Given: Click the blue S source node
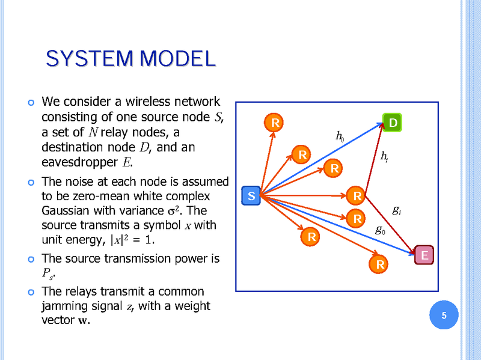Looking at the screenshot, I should click(x=251, y=196).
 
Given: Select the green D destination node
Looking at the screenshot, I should click(x=393, y=123).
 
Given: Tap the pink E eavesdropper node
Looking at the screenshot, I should click(x=424, y=255).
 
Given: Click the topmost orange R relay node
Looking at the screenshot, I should click(x=274, y=123).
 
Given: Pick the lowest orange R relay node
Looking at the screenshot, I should click(x=380, y=264).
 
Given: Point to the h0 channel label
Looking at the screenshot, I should click(x=340, y=137).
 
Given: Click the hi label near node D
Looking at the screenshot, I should click(x=384, y=156).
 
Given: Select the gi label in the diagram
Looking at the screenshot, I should click(x=397, y=210).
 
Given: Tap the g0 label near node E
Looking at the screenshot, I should click(x=381, y=229).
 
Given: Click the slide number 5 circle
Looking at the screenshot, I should click(x=444, y=316).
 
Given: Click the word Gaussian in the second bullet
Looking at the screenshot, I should click(x=66, y=211).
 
